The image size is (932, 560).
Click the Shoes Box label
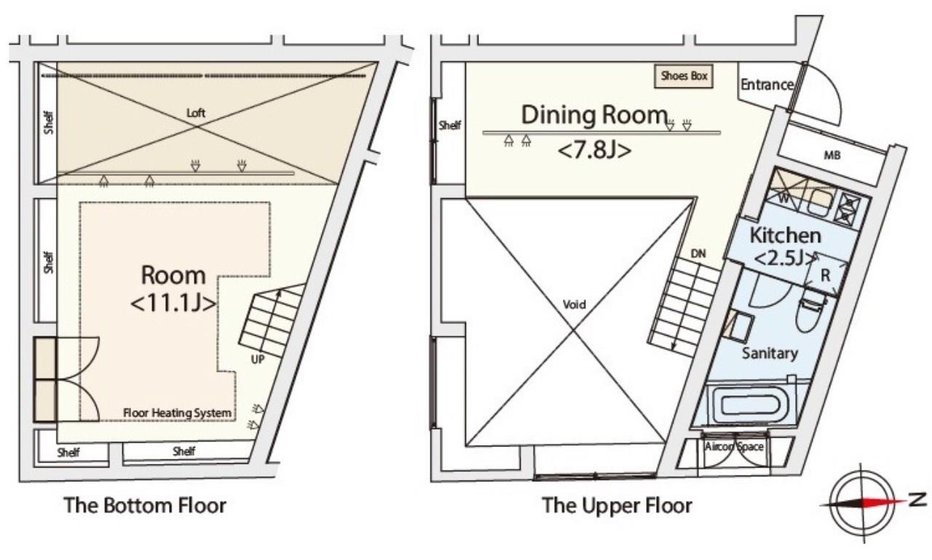pos(684,76)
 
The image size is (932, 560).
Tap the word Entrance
pos(767,85)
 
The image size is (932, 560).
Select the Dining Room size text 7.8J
pos(594,150)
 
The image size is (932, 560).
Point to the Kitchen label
pos(785,235)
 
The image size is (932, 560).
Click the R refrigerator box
pos(826,275)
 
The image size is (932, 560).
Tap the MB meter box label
pos(832,156)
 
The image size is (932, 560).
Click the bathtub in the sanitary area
pos(750,405)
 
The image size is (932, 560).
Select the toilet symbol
pos(810,312)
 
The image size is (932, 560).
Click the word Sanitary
pos(770,353)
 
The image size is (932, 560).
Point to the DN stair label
pos(698,253)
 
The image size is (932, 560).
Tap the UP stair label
pos(258,359)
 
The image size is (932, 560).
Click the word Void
pos(574,304)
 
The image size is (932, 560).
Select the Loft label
pos(196,113)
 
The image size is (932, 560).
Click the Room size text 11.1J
pos(173,304)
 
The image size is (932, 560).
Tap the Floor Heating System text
pos(177,413)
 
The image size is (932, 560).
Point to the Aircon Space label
pos(734,447)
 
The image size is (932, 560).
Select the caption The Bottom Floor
pos(145,505)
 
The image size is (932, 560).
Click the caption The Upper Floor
pos(617,505)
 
